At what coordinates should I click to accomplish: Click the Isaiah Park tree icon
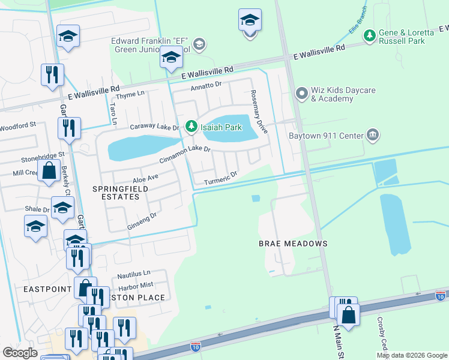point(191,126)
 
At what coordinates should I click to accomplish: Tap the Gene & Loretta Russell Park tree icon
point(369,36)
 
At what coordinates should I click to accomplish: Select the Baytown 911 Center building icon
point(373,134)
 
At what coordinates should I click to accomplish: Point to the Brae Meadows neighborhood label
point(293,244)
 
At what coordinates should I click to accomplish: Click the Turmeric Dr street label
point(221,176)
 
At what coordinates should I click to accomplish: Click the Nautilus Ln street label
point(133,274)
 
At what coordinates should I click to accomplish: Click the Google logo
point(20,353)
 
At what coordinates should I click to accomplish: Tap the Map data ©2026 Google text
point(411,355)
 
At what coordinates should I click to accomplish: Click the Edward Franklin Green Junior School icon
point(200,44)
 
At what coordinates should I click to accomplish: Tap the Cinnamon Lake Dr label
point(185,155)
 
